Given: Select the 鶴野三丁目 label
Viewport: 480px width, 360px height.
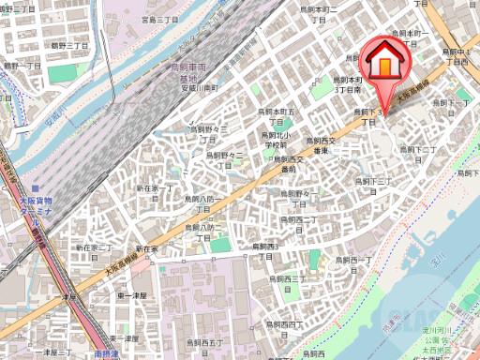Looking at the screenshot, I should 69,44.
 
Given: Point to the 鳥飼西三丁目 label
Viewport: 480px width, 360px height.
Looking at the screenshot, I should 282,278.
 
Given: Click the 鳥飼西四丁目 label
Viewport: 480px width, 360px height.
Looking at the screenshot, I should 284,322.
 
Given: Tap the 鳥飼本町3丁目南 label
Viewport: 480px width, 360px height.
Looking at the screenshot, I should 349,86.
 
